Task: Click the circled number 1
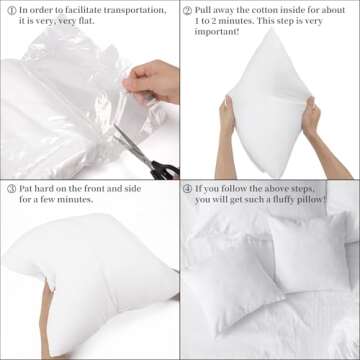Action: (9, 10)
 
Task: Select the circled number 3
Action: (9, 188)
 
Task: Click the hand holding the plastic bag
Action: (150, 82)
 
